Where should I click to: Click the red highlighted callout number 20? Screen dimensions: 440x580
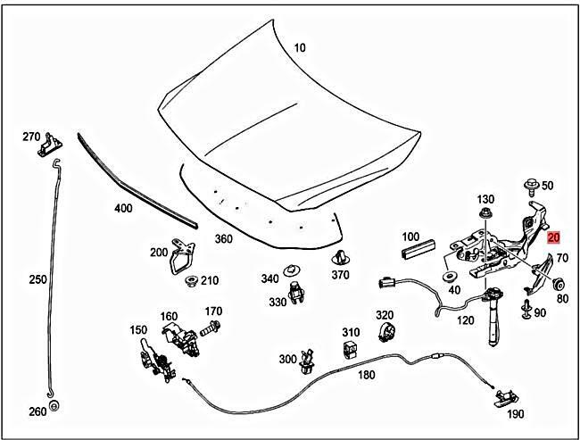point(553,237)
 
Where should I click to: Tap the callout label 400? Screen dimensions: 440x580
point(123,209)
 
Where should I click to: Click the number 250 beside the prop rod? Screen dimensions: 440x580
point(37,279)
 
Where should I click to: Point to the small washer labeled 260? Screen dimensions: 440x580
point(53,407)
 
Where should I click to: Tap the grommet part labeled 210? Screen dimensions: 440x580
point(190,282)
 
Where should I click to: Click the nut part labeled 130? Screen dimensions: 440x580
point(485,214)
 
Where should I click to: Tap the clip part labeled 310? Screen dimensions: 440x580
point(351,347)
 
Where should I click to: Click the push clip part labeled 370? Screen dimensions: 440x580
point(338,259)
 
